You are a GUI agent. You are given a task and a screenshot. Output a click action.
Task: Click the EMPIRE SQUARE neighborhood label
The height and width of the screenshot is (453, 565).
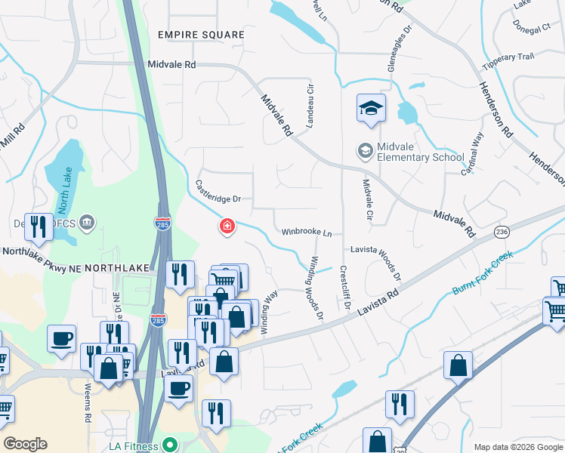201,35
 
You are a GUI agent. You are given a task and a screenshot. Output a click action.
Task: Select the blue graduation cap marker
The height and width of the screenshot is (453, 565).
371,109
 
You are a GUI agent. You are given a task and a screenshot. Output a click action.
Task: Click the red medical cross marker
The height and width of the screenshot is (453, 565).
226,226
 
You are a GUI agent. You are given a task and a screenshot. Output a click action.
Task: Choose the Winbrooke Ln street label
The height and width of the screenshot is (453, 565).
307,233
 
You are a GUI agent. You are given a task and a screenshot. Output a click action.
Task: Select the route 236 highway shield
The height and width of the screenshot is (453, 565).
502,231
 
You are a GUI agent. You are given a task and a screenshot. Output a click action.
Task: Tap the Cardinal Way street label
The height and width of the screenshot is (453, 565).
473,154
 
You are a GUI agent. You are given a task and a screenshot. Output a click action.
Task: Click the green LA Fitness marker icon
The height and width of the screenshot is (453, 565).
171,445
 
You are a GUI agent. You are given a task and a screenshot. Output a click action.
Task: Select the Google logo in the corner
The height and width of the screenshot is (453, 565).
25,444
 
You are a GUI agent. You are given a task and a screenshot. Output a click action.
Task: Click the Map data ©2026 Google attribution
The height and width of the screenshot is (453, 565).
517,447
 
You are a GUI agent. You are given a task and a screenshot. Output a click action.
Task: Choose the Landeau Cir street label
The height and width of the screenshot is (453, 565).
309,106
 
